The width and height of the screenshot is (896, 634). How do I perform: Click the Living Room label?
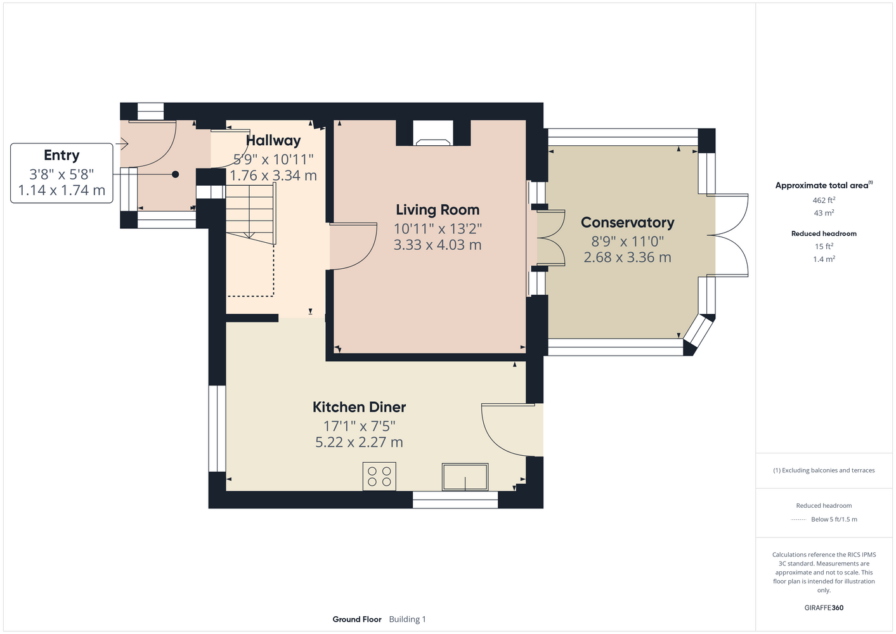tap(438, 210)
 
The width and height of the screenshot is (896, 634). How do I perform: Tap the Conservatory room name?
tap(627, 223)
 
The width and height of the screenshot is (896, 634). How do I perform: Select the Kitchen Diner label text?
tap(359, 407)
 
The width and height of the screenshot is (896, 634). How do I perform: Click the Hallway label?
tap(273, 140)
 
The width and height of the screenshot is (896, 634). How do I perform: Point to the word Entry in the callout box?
tap(62, 155)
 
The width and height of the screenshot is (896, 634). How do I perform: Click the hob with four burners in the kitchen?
tap(379, 476)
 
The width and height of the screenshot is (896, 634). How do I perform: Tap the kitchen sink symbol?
tap(465, 477)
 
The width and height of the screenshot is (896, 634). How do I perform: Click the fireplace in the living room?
tap(433, 133)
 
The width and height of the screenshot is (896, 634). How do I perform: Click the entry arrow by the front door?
tap(122, 143)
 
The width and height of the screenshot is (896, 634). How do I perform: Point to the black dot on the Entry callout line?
tap(175, 174)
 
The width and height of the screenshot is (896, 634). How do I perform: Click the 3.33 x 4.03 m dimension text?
tap(438, 245)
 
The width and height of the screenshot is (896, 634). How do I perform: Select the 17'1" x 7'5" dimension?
tap(359, 427)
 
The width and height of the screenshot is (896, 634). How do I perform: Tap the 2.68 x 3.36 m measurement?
tap(627, 257)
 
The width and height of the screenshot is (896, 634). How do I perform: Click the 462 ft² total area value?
tap(824, 200)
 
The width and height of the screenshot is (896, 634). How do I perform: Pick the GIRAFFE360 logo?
tap(824, 607)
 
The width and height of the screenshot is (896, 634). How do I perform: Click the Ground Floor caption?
tap(357, 619)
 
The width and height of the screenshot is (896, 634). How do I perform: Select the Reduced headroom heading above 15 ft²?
tap(824, 233)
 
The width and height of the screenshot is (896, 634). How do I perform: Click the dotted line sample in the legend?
tap(798, 520)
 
